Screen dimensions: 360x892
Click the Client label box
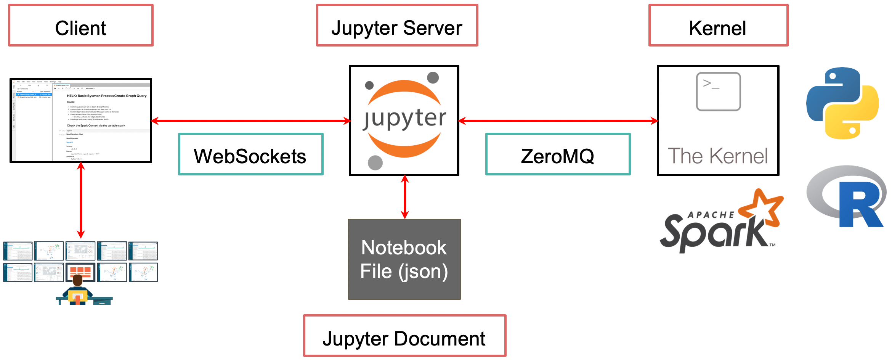pyautogui.click(x=81, y=26)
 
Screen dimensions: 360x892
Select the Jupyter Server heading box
pyautogui.click(x=397, y=26)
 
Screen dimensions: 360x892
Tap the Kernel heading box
pyautogui.click(x=718, y=26)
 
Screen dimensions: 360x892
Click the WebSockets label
pyautogui.click(x=250, y=154)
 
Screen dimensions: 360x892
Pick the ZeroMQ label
pyautogui.click(x=558, y=154)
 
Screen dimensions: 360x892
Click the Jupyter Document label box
pyautogui.click(x=404, y=336)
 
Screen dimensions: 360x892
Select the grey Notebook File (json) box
pyautogui.click(x=404, y=259)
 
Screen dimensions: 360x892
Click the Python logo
pyautogui.click(x=842, y=103)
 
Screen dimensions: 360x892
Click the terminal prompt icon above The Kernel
pyautogui.click(x=718, y=92)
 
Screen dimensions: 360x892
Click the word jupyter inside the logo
pyautogui.click(x=404, y=118)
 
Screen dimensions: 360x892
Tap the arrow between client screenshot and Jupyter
pyautogui.click(x=250, y=121)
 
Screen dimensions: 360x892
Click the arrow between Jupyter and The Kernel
pyautogui.click(x=558, y=121)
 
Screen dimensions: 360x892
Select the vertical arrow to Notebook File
pyautogui.click(x=405, y=197)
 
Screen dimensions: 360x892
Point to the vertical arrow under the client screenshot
pyautogui.click(x=81, y=200)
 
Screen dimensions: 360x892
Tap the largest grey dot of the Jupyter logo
pyautogui.click(x=375, y=163)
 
